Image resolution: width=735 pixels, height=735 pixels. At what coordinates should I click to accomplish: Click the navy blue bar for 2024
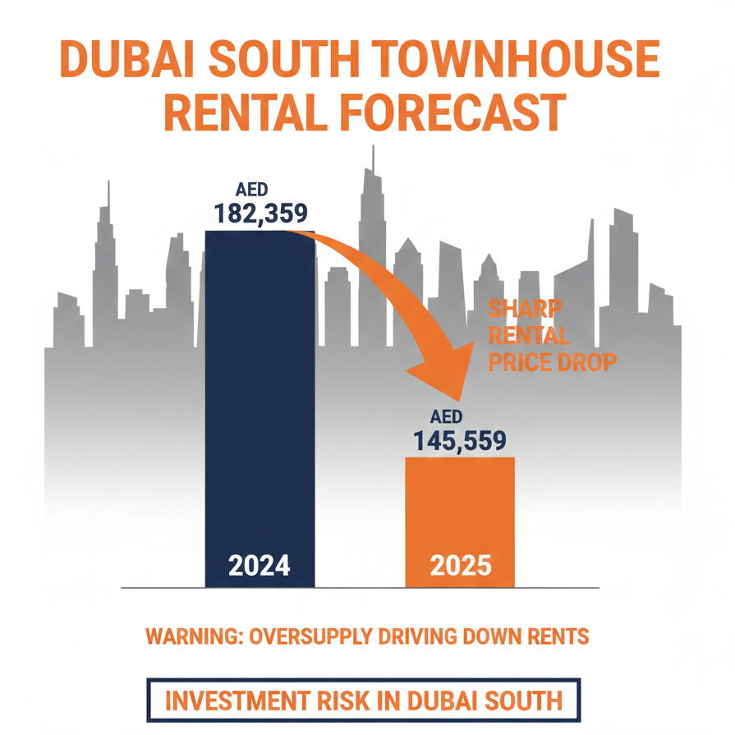click(x=260, y=394)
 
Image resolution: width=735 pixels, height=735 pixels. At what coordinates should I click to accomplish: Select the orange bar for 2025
click(x=460, y=509)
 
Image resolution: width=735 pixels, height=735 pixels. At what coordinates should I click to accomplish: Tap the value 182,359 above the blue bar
click(x=260, y=214)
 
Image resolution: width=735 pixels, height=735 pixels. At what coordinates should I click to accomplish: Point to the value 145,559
click(x=460, y=443)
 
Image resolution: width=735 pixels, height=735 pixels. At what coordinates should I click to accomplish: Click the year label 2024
click(x=260, y=565)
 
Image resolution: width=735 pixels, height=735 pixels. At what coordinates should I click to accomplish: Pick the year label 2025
click(x=460, y=565)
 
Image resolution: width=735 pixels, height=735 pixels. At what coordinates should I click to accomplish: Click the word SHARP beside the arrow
click(x=526, y=310)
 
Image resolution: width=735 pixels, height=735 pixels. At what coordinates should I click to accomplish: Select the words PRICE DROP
click(x=552, y=362)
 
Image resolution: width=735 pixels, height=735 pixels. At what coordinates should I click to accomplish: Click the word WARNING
click(x=191, y=636)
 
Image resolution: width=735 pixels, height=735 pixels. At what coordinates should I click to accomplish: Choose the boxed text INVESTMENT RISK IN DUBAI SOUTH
click(x=364, y=701)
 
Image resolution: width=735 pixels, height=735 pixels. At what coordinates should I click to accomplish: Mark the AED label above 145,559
click(x=447, y=416)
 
